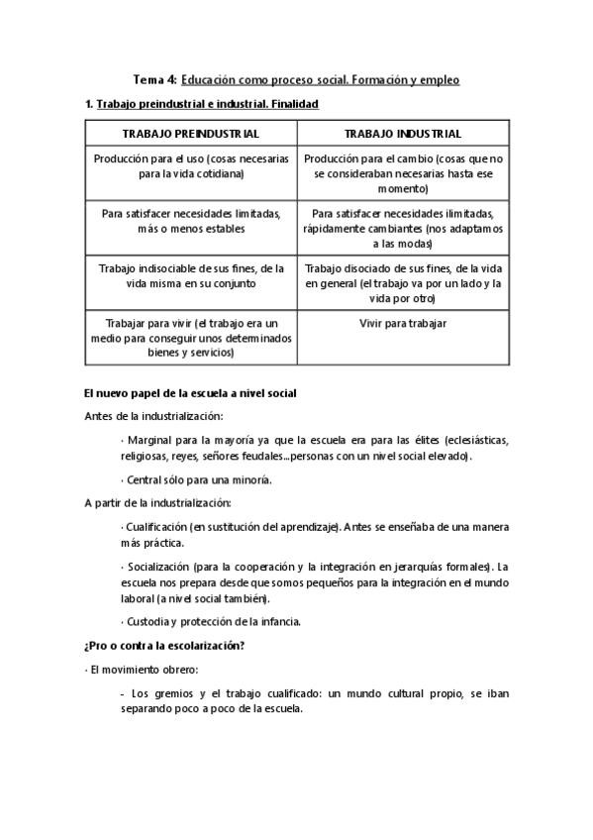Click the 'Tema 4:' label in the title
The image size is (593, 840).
pos(154,79)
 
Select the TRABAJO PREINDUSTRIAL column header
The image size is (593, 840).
pos(190,134)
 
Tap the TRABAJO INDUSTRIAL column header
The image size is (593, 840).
pos(403,134)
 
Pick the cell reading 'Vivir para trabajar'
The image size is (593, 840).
pos(403,324)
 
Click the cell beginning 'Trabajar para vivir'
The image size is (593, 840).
pos(190,338)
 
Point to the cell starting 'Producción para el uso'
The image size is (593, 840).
pos(190,165)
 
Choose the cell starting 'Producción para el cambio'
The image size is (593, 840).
pos(403,172)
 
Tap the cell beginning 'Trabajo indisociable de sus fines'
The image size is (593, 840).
pos(190,275)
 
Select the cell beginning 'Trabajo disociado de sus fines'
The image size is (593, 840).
pos(403,282)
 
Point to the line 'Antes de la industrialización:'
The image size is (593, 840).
pos(153,416)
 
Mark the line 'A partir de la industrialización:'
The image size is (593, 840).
pos(158,502)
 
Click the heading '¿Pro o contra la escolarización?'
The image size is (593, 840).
pos(164,646)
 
